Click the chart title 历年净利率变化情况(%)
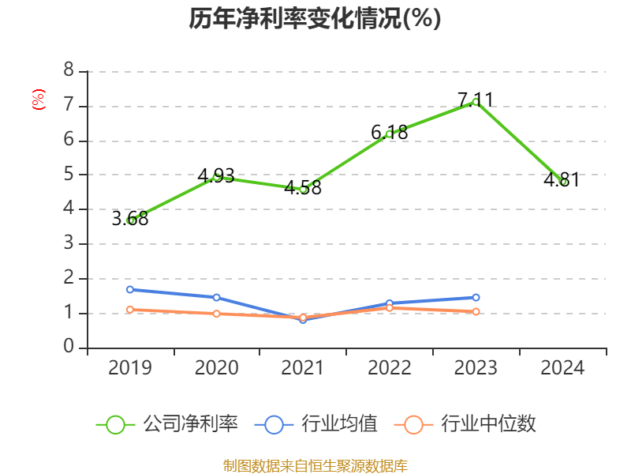[315, 19]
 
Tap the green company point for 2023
[476, 102]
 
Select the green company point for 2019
[130, 220]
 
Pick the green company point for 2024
[562, 182]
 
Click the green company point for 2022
[389, 134]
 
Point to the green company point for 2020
[216, 177]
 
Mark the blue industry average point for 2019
[130, 290]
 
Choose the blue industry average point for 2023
[476, 298]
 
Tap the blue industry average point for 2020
[216, 298]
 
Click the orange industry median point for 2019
[130, 310]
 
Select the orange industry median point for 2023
[476, 312]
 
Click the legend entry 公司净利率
[167, 424]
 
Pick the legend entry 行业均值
[316, 424]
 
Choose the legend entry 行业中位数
[470, 424]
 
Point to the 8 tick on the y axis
[69, 70]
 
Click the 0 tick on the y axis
[69, 347]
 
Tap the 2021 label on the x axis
[303, 368]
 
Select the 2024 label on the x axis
[562, 368]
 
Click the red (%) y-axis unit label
[38, 100]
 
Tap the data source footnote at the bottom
[315, 465]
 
